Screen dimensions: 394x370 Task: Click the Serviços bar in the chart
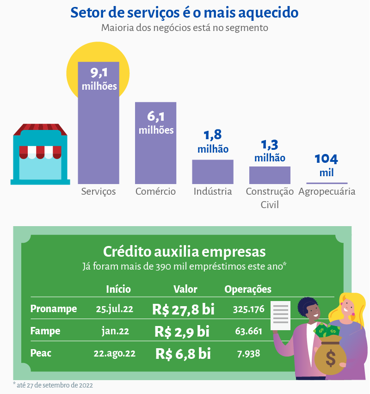click(x=99, y=139)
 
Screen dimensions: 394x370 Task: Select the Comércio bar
click(x=155, y=157)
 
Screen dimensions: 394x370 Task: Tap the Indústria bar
click(x=213, y=172)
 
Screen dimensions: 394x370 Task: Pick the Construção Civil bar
click(x=270, y=175)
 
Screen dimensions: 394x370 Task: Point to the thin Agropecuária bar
click(x=327, y=183)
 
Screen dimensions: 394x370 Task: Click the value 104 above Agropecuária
click(x=327, y=159)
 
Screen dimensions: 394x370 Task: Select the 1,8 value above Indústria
click(x=213, y=135)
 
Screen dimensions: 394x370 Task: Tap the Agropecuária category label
click(x=327, y=191)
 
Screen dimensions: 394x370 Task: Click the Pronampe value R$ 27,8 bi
click(x=183, y=309)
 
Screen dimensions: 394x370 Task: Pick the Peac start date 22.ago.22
click(x=114, y=353)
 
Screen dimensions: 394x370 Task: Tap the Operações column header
click(x=248, y=289)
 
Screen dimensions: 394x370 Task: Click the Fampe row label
click(x=45, y=331)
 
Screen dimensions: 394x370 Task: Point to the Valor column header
click(x=185, y=289)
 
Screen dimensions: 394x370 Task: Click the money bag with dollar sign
click(x=330, y=355)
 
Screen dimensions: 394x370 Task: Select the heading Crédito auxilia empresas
click(x=184, y=252)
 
